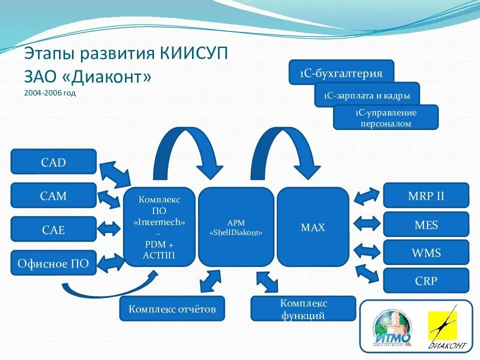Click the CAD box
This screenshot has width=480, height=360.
[x=53, y=162]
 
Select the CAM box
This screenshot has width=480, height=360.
[x=53, y=195]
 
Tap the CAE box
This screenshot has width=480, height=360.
[x=53, y=229]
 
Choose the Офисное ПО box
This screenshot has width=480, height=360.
[x=53, y=263]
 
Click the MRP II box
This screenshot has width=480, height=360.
[x=426, y=195]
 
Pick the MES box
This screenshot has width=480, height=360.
[x=426, y=224]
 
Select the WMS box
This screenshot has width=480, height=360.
[x=426, y=252]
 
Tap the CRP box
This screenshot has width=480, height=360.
[x=426, y=280]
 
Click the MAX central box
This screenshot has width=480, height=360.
[x=313, y=227]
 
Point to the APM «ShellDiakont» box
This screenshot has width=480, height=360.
[x=236, y=227]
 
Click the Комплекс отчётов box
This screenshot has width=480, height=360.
[x=172, y=308]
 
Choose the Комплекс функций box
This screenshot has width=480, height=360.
[x=303, y=309]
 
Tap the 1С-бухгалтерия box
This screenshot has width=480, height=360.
[x=341, y=73]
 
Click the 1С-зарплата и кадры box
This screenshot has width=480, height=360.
[x=366, y=94]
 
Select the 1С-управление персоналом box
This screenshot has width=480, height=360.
[x=385, y=117]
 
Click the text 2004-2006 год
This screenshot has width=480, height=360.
[x=49, y=93]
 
